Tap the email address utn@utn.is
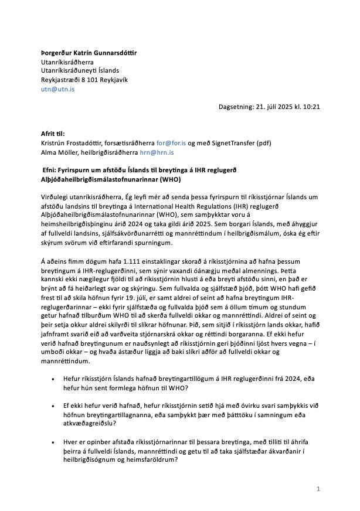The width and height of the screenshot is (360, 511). pos(57,89)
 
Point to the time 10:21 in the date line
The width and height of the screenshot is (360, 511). pos(310,107)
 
